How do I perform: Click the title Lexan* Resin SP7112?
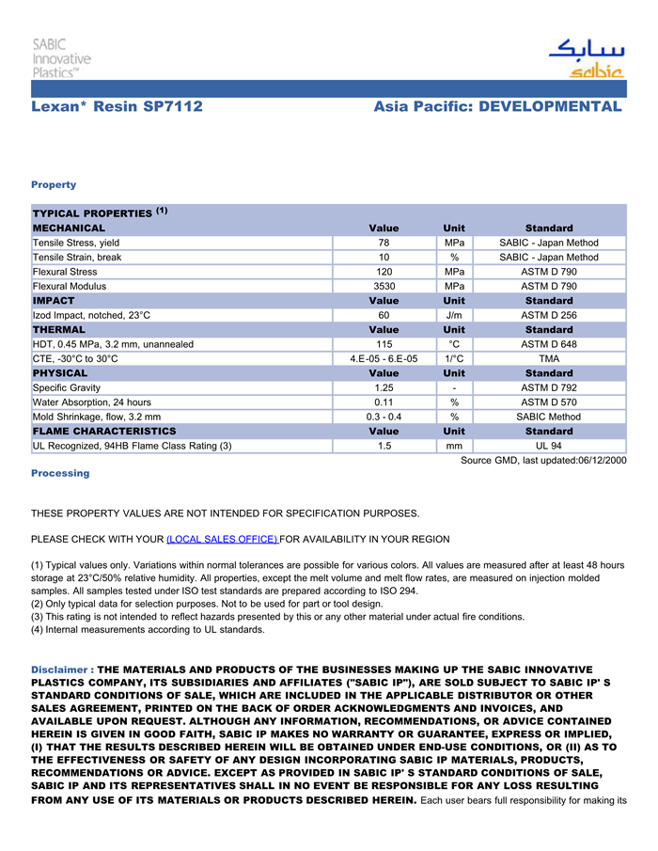(x=117, y=106)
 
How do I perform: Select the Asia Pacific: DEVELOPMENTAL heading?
(x=497, y=106)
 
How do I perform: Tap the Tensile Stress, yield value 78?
(x=384, y=243)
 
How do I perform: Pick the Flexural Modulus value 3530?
(x=384, y=286)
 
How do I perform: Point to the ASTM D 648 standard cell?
(x=549, y=344)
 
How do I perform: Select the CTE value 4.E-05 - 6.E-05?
(x=384, y=358)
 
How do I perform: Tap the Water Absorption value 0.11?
(x=384, y=402)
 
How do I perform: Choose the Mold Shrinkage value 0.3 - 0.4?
(x=384, y=417)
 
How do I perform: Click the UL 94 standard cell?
(x=549, y=446)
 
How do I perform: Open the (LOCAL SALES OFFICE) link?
(x=222, y=539)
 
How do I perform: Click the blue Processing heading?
(x=60, y=473)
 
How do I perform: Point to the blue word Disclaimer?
(x=59, y=670)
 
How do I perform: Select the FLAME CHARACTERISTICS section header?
(x=104, y=431)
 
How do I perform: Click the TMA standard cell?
(x=549, y=358)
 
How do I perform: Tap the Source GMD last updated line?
(x=542, y=460)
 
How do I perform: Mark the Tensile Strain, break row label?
(x=77, y=257)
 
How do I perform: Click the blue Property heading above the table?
(x=54, y=184)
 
